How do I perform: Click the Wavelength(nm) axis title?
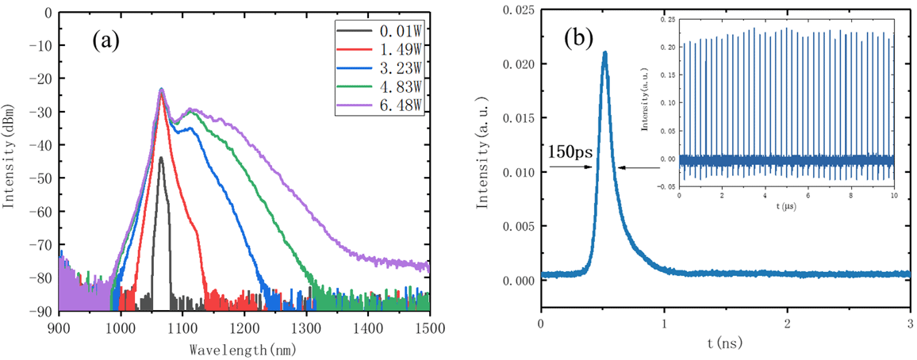[244, 348]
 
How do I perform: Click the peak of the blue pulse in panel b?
[605, 53]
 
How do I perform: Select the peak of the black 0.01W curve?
[161, 158]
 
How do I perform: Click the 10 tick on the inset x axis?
[893, 195]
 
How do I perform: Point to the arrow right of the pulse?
[639, 167]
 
